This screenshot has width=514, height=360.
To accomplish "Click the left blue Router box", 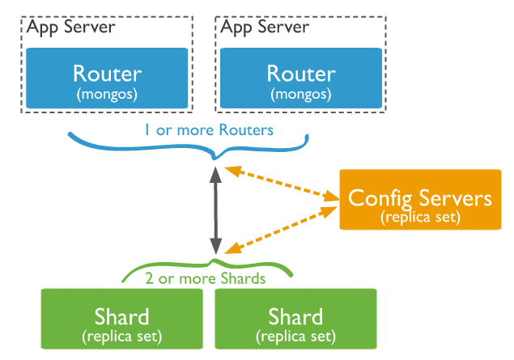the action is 107,78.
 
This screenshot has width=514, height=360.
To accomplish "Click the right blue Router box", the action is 301,78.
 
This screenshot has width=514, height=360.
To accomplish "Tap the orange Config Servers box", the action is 420,200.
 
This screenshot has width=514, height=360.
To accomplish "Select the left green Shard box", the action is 121,319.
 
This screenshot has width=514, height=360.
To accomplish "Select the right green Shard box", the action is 295,319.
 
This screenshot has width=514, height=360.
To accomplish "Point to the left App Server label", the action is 70,28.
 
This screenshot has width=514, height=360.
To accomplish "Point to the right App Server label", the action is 265,28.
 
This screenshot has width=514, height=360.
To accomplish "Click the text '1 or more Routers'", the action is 209,130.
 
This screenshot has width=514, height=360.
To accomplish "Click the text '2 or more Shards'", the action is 206,279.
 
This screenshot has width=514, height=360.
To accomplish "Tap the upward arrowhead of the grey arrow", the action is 215,175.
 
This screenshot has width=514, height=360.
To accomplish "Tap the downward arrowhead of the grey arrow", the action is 215,246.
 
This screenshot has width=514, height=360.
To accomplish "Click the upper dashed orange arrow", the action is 282,183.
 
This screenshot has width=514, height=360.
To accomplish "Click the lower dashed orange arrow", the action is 281,230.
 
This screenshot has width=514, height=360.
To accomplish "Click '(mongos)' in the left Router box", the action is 107,95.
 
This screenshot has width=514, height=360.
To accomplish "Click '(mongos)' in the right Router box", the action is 301,95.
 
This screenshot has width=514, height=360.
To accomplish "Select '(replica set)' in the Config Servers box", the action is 421,218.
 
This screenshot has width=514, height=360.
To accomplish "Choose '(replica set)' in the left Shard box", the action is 122,337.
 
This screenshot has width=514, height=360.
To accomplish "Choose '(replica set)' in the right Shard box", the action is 295,337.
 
